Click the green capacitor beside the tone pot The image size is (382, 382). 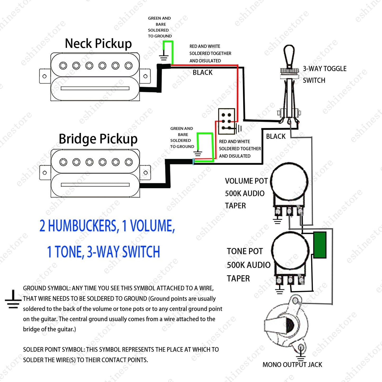click(x=320, y=245)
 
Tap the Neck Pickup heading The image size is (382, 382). click(x=98, y=44)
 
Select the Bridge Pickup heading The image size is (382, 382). click(x=98, y=139)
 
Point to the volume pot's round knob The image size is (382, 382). click(x=289, y=181)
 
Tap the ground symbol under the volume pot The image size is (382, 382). click(x=278, y=220)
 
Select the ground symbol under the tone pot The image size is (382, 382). click(x=279, y=290)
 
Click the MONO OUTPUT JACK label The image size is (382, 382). click(x=292, y=365)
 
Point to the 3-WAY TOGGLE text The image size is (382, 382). click(x=325, y=68)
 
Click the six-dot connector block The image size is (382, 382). click(x=226, y=121)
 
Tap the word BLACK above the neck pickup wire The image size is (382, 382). click(x=202, y=72)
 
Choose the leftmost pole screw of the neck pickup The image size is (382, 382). click(x=63, y=65)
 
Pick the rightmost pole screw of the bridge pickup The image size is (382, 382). click(x=129, y=162)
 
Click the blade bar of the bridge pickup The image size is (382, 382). click(x=95, y=185)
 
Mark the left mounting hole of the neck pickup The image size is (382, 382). click(x=45, y=76)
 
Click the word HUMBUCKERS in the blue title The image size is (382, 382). click(x=84, y=226)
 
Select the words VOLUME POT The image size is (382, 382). click(x=246, y=181)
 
